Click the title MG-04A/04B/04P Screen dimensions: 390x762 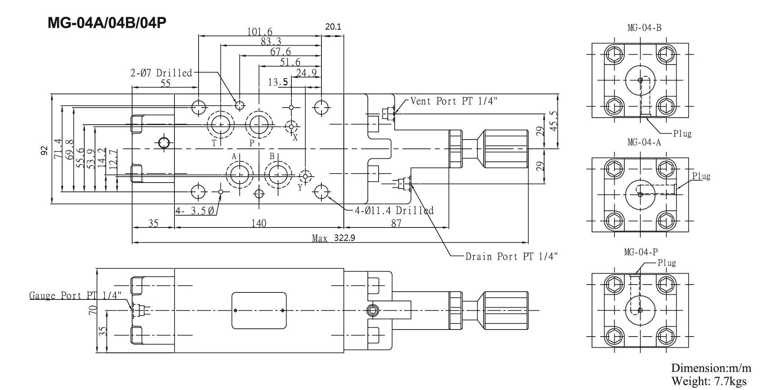pos(107,23)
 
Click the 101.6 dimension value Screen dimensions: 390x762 pos(259,32)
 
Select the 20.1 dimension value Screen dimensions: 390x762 pos(333,27)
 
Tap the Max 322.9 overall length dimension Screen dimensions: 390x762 pos(333,238)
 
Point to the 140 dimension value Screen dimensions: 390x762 pos(259,223)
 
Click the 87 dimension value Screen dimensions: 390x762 pos(396,223)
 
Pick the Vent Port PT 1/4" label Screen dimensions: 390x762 pos(454,101)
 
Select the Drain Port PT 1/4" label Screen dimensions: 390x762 pos(511,256)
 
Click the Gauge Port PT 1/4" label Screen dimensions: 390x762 pos(75,295)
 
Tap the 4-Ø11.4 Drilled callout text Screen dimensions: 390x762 pos(394,211)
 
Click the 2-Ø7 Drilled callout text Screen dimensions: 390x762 pos(161,73)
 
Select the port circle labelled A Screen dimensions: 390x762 pos(240,174)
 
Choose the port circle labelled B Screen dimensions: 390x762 pos(278,174)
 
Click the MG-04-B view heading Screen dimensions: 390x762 pos(644,27)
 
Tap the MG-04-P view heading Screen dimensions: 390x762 pos(641,253)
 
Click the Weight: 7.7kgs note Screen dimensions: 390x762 pos(709,381)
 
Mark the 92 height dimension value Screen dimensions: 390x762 pos(44,150)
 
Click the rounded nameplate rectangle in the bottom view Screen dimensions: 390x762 pos(259,310)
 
